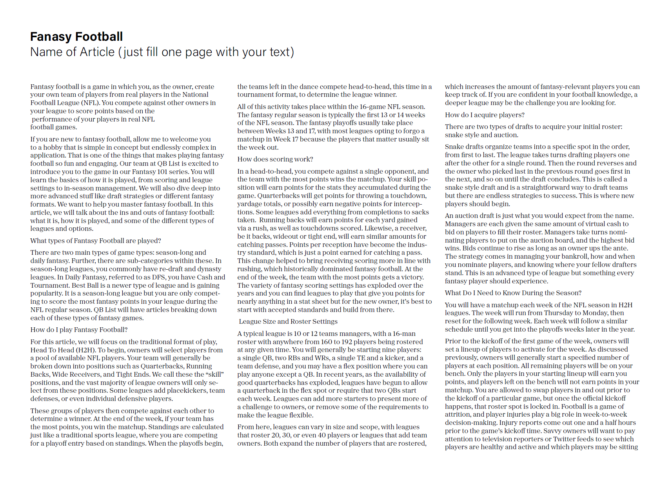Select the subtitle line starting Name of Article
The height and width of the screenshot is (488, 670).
(x=162, y=52)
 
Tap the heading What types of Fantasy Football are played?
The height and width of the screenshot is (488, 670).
(x=96, y=241)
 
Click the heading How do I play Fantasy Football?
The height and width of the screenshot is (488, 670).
(x=79, y=330)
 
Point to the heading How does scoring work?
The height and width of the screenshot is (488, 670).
(x=275, y=159)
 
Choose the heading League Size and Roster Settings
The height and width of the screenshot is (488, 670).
(x=288, y=321)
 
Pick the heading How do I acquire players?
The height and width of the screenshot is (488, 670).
(x=485, y=115)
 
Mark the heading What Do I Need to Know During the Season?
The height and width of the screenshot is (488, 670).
(x=513, y=293)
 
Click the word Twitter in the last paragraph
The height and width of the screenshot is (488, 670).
(x=565, y=439)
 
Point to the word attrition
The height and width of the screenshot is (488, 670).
(x=458, y=414)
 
